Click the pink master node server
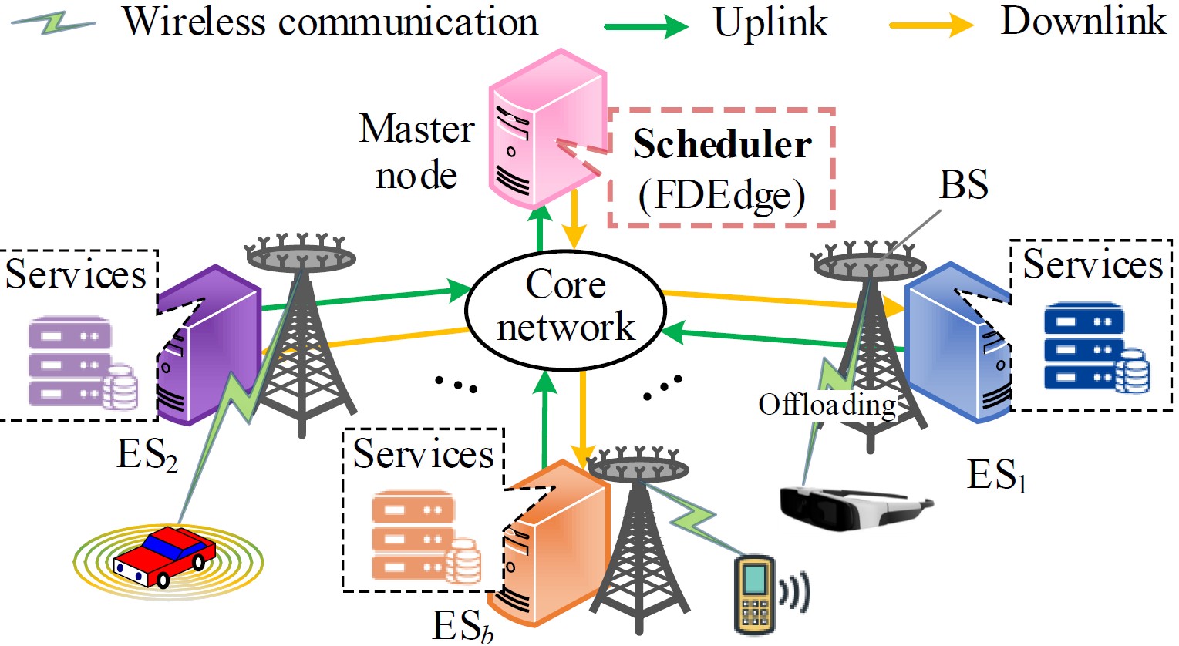(544, 131)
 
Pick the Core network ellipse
(565, 308)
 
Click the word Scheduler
(722, 145)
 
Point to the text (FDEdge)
(722, 195)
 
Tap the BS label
(963, 185)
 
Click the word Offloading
(827, 404)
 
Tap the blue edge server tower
(956, 343)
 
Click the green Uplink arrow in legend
(646, 28)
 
